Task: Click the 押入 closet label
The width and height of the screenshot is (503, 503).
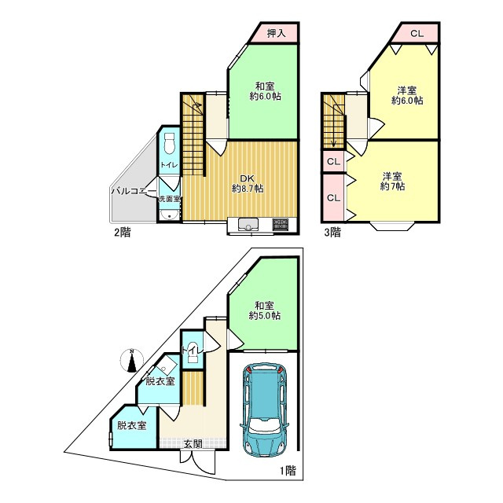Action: (276, 33)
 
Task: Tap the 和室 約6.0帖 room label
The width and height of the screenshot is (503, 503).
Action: (265, 91)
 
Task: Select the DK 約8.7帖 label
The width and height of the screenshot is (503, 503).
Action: (248, 183)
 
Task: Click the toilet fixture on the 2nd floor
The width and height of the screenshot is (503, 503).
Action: (169, 145)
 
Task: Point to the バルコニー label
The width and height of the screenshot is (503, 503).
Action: (134, 192)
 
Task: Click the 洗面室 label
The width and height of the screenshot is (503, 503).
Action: (170, 199)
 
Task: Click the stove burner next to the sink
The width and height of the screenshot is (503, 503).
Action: (280, 223)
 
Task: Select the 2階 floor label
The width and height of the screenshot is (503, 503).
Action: (123, 233)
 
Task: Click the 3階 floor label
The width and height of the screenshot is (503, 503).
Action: (332, 233)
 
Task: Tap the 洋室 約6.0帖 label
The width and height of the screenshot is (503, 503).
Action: (407, 95)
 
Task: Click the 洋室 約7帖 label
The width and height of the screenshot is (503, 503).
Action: (392, 182)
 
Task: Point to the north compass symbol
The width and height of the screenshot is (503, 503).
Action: (131, 360)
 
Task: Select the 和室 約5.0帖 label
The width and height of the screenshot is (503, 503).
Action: (265, 310)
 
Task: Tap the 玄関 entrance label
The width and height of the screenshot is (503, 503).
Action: (193, 444)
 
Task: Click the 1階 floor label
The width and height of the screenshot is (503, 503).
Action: (288, 471)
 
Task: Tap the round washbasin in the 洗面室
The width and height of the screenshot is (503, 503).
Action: (170, 215)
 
